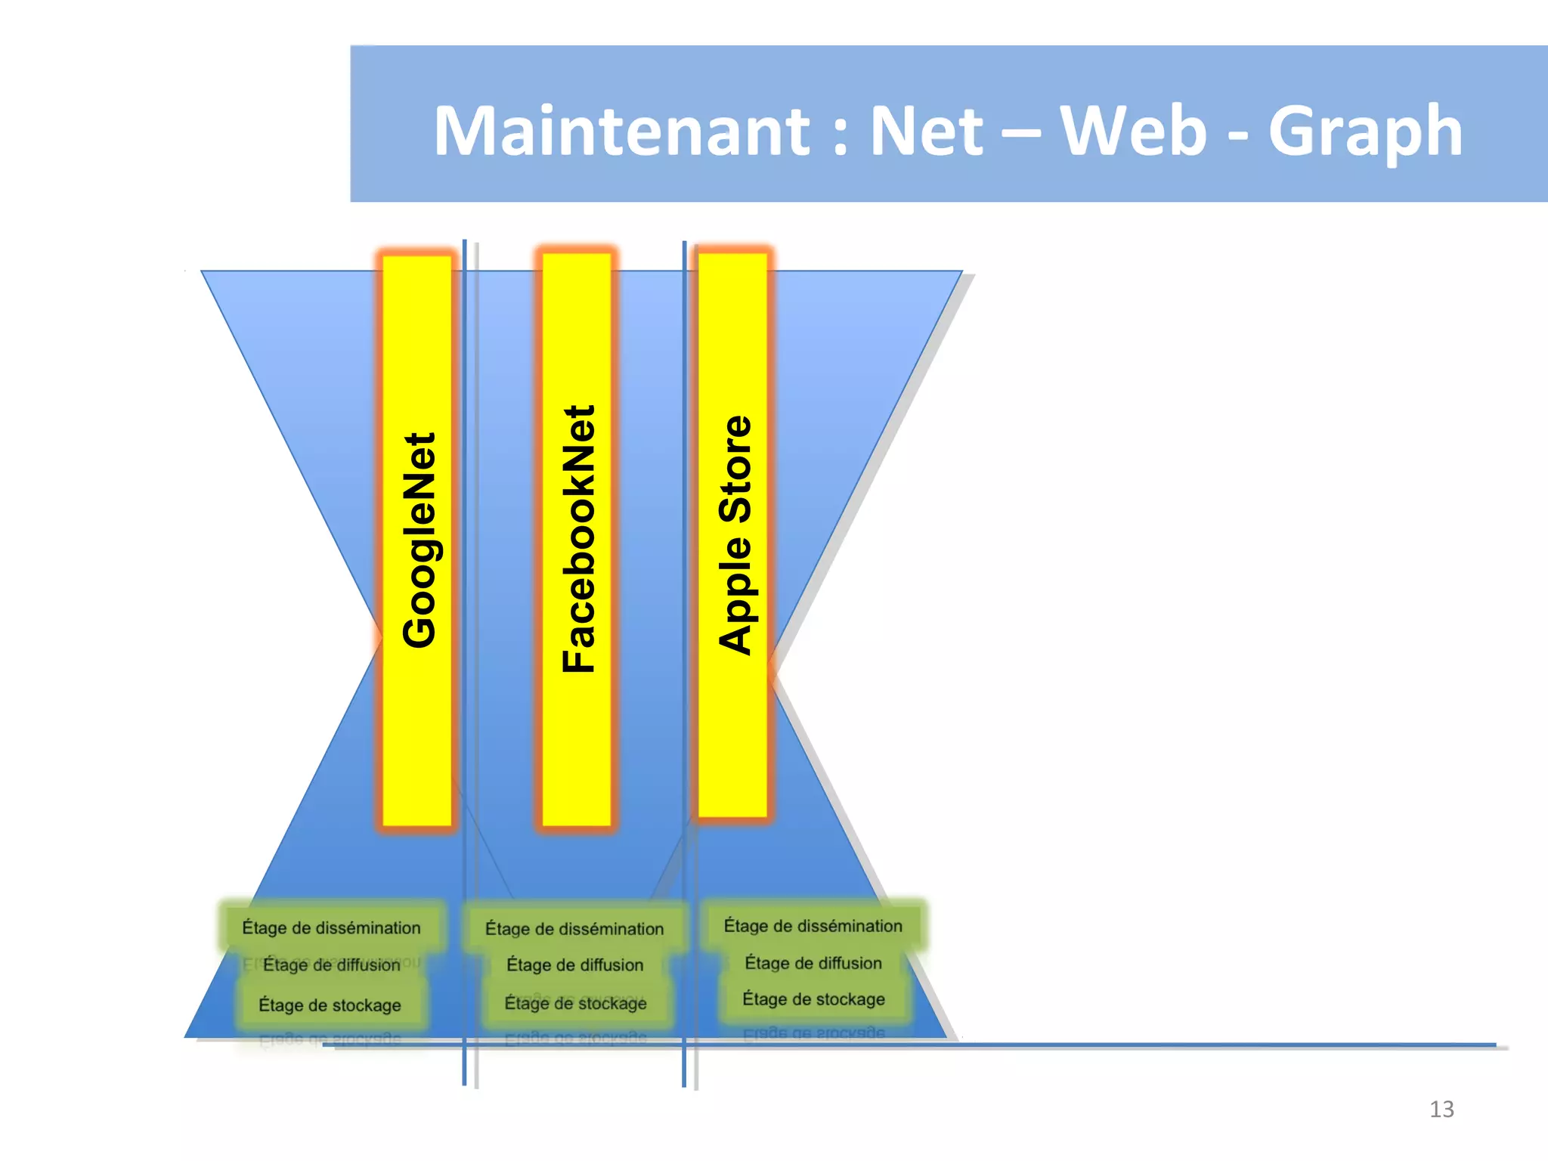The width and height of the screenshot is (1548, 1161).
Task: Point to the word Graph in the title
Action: [x=1365, y=132]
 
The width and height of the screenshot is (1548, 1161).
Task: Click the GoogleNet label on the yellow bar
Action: [x=419, y=540]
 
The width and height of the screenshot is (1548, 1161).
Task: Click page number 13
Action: [x=1441, y=1109]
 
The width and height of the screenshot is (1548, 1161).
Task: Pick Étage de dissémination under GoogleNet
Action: [x=331, y=927]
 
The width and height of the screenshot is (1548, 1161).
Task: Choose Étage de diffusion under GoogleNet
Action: [x=331, y=965]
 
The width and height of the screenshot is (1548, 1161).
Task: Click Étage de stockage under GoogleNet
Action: [x=330, y=1005]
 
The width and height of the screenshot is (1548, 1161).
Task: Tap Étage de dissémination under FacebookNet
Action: [x=574, y=929]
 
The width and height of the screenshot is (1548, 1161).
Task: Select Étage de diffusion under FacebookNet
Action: [x=574, y=965]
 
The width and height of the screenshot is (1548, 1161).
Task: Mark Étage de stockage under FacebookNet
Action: [x=575, y=1003]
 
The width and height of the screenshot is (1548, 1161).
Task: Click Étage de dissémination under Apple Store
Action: [x=813, y=926]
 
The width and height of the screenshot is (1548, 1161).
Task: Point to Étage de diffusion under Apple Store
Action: [x=813, y=963]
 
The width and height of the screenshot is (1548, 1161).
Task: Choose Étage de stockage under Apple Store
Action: [x=813, y=999]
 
